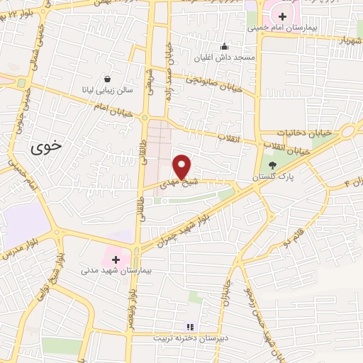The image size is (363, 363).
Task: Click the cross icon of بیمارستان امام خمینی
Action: [283, 16]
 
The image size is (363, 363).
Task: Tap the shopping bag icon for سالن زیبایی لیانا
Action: [106, 79]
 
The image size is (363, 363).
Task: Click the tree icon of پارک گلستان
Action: [272, 164]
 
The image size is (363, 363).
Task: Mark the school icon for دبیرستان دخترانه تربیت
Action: [189, 327]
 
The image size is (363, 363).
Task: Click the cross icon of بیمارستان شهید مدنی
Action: [116, 259]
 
